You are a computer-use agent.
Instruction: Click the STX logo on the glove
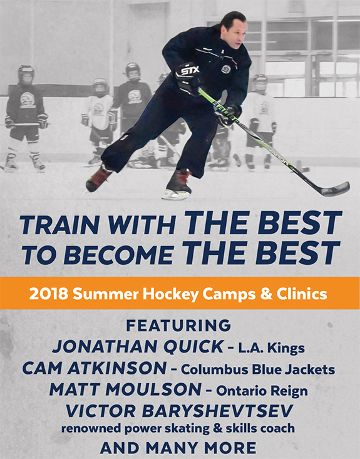point(190,71)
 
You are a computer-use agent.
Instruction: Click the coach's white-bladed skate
point(177,185)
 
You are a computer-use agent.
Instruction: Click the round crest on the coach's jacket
point(225,69)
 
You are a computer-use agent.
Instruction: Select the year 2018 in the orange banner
point(49,294)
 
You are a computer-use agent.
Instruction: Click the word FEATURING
point(178,326)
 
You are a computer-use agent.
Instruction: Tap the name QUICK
point(193,346)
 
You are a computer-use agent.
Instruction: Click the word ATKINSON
point(117,368)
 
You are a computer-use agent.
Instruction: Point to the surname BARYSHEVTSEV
point(217,411)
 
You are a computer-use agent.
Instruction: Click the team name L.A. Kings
point(271,348)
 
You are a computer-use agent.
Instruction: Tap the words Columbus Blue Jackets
point(258,369)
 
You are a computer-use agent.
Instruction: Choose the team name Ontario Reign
point(262,391)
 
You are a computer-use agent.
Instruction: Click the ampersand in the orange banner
point(265,294)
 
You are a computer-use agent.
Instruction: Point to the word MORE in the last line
point(230,448)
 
